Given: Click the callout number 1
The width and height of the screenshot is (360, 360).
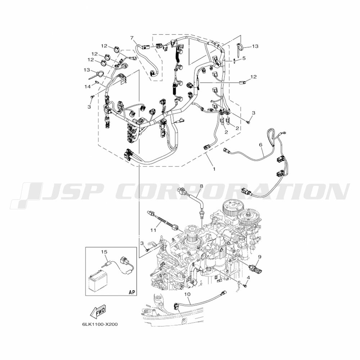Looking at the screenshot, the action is pos(214,169).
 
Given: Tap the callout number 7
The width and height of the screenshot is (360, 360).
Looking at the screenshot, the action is pos(132,38).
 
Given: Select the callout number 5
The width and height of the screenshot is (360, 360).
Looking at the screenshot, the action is pos(244,58).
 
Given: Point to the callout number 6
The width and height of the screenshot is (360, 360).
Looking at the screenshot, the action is pos(260,145).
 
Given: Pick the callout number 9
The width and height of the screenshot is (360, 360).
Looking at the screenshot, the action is pos(259,257).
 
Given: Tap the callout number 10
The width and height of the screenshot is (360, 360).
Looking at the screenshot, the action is pos(187,294).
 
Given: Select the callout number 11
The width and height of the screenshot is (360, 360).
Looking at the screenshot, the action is pos(153,230).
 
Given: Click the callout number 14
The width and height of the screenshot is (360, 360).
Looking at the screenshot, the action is pos(87,86).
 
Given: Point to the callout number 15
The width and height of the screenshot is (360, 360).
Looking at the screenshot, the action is pos(104,252).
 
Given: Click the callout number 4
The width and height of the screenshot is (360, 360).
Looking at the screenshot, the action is pos(248,278).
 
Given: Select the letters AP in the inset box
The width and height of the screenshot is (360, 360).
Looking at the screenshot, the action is pos(132,292).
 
